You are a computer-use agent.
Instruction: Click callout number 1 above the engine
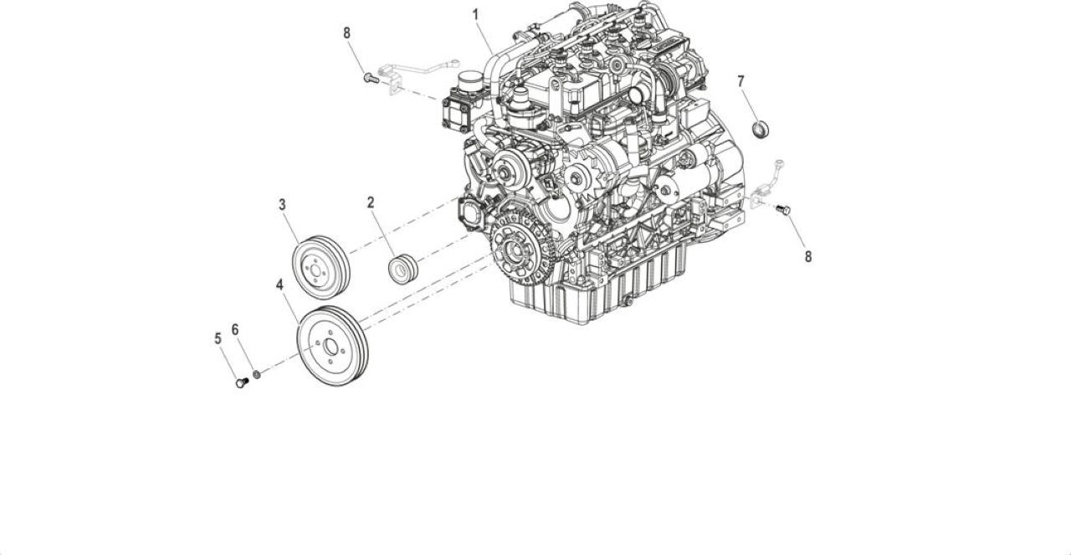(475, 15)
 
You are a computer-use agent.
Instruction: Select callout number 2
(371, 203)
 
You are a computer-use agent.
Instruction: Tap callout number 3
(282, 205)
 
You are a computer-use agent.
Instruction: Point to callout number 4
(279, 285)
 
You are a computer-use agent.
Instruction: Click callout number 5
(218, 339)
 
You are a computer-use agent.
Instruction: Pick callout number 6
(235, 330)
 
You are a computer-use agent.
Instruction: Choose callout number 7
(741, 82)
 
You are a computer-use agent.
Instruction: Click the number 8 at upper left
(346, 33)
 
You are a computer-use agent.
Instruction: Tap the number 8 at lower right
(808, 257)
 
